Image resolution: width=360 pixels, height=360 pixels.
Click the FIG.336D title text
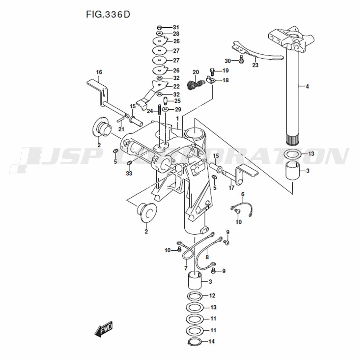[108, 14]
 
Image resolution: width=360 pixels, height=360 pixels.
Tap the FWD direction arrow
[104, 329]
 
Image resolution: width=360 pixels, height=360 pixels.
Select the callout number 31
[176, 27]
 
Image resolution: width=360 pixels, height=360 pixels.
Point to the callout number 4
[307, 86]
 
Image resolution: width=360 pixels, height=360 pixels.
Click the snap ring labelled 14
[195, 342]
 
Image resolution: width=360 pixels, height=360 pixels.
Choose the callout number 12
[212, 296]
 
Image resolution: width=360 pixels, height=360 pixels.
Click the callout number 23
[255, 65]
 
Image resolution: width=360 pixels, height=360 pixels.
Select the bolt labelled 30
[241, 59]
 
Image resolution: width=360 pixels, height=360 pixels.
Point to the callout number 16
[99, 72]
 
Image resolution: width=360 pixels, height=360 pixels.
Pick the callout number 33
[129, 173]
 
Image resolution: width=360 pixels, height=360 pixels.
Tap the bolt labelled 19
[212, 72]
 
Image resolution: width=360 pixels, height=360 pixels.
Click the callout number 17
[231, 188]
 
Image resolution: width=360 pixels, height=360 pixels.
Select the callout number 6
[243, 194]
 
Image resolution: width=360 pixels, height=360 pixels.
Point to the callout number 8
[207, 257]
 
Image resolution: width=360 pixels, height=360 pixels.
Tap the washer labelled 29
[166, 109]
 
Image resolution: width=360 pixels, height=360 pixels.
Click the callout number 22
[176, 86]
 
